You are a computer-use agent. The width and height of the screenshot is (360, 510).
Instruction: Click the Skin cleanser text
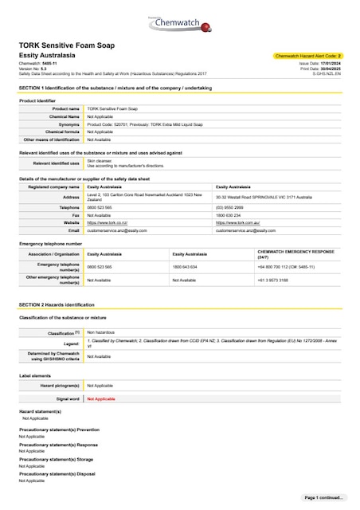(100, 159)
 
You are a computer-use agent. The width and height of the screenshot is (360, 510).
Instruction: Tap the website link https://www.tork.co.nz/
(108, 222)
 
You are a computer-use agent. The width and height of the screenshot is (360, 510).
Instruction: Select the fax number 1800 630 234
(228, 215)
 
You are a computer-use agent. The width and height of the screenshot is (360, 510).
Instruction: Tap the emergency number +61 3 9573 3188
(272, 280)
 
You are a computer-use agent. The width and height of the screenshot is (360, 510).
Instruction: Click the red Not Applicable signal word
(101, 398)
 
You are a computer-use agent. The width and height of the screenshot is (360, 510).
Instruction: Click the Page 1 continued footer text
(324, 497)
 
